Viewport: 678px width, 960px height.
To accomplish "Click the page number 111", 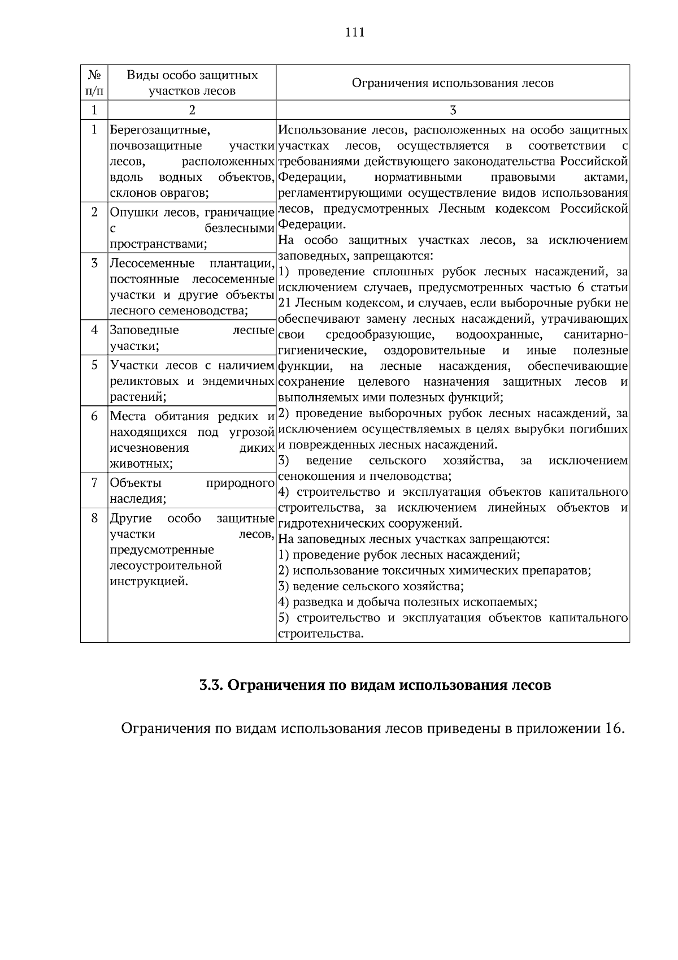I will [355, 32].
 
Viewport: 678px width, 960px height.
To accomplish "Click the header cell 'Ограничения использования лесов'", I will [453, 83].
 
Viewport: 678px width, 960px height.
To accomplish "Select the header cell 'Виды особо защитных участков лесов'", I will [192, 83].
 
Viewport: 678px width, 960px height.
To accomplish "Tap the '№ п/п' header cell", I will [94, 83].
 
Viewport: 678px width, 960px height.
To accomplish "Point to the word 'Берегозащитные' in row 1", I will [160, 131].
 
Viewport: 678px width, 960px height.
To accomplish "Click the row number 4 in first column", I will [94, 330].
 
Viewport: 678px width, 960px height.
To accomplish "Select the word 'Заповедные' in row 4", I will [144, 330].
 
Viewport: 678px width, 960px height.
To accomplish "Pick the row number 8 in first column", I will [94, 518].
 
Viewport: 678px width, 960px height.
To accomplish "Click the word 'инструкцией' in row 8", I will [149, 581].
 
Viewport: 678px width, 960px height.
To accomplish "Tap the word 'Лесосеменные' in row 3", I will [152, 263].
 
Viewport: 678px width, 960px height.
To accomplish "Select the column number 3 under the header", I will [453, 110].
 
